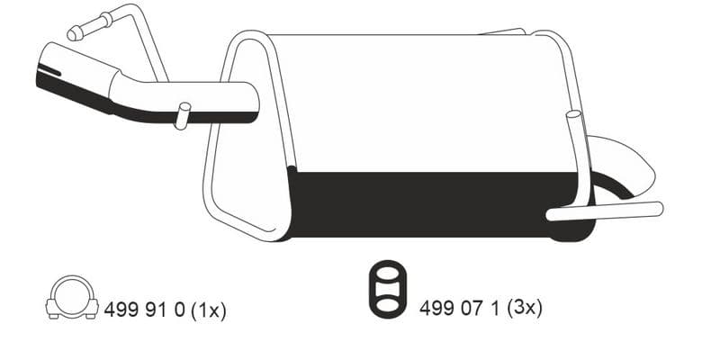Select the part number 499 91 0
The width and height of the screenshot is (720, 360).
(144, 310)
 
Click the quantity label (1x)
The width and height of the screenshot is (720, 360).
(208, 310)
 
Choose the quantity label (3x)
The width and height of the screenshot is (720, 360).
(524, 308)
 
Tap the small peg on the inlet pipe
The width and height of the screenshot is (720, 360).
(183, 116)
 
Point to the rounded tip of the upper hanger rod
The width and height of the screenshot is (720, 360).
(74, 34)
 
